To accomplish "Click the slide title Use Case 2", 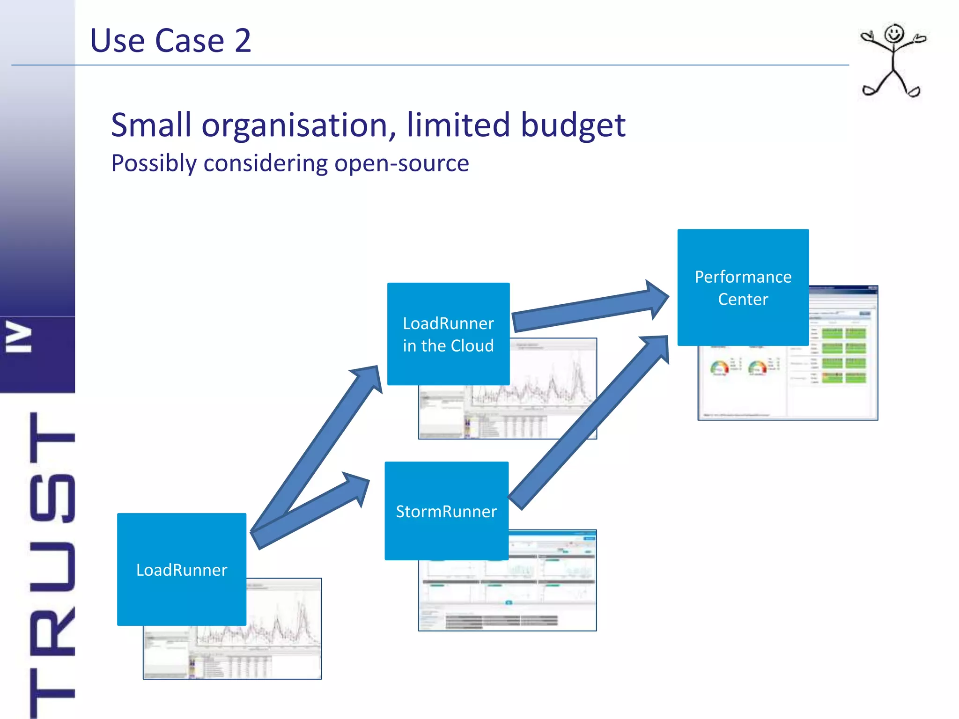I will pos(170,41).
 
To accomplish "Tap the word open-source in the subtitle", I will pos(401,163).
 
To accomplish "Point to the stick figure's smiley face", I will pos(894,34).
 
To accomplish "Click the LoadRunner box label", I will pos(182,570).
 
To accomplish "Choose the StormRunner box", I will pos(446,511).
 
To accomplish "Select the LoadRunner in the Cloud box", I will pos(448,334).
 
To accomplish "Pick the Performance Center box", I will pos(743,287).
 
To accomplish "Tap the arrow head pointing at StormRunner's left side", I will pos(359,488).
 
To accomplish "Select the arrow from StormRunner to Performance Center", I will pos(590,421).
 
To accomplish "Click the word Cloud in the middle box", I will pos(472,346).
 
